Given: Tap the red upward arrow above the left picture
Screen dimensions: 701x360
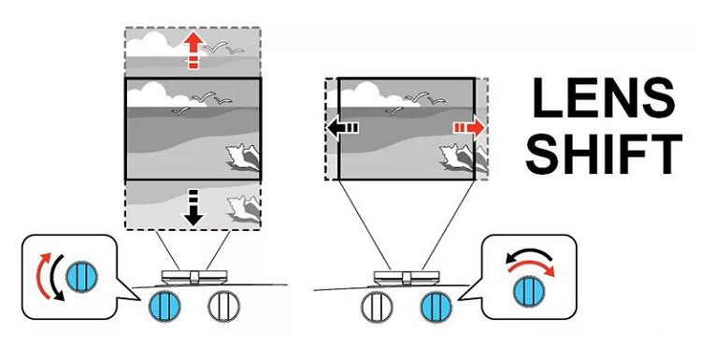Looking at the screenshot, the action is point(193,51).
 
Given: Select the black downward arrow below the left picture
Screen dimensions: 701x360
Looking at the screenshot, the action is point(193,208).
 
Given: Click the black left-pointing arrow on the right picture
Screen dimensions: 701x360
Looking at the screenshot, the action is point(342,129).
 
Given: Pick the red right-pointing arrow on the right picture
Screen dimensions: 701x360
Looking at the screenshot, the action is point(469,129).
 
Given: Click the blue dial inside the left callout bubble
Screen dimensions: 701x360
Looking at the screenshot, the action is point(82,278).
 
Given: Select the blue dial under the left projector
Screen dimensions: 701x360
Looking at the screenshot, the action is point(165,306).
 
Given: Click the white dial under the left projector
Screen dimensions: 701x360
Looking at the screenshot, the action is point(224,307).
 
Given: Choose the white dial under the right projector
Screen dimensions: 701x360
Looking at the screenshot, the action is point(377,307).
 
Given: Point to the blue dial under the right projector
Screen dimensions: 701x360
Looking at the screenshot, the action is point(436,307).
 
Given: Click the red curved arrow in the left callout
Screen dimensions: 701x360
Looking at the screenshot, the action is point(41,273).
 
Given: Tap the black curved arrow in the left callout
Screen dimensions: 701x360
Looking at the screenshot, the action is point(54,279).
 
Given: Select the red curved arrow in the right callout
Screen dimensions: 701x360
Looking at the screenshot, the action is point(531,266).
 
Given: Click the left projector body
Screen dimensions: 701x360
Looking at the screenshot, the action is point(194,277).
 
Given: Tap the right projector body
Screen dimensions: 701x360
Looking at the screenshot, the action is point(407,278).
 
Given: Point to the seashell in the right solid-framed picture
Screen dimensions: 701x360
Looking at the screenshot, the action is point(457,157).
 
